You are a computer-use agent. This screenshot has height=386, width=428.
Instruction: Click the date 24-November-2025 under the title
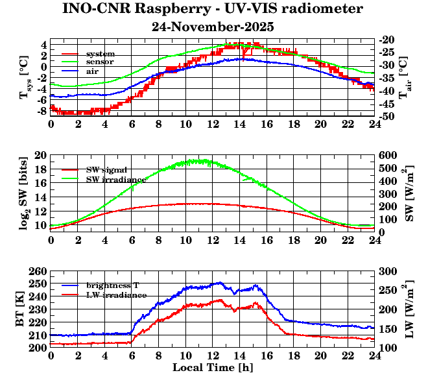[213, 27]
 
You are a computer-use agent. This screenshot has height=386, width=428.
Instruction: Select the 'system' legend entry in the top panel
[100, 53]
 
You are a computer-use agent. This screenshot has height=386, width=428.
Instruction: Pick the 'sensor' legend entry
[100, 62]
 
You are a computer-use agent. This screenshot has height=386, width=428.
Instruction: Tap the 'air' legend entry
[93, 70]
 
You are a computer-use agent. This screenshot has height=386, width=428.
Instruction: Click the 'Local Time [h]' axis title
[212, 367]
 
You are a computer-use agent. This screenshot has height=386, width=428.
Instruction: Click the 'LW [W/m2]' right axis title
[410, 309]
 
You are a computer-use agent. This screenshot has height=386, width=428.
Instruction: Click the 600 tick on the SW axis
[387, 155]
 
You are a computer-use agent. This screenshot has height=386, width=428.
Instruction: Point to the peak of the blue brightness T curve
[220, 282]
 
